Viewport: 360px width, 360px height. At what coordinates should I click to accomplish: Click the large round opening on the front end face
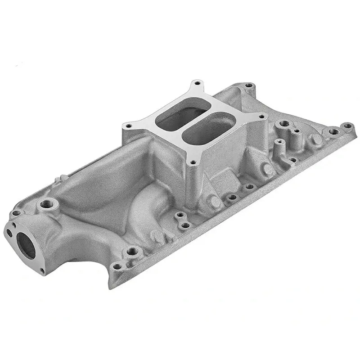[26, 245]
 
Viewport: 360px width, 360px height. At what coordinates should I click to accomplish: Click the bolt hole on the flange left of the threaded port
[17, 213]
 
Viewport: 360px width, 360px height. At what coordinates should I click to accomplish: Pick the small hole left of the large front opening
[10, 233]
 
